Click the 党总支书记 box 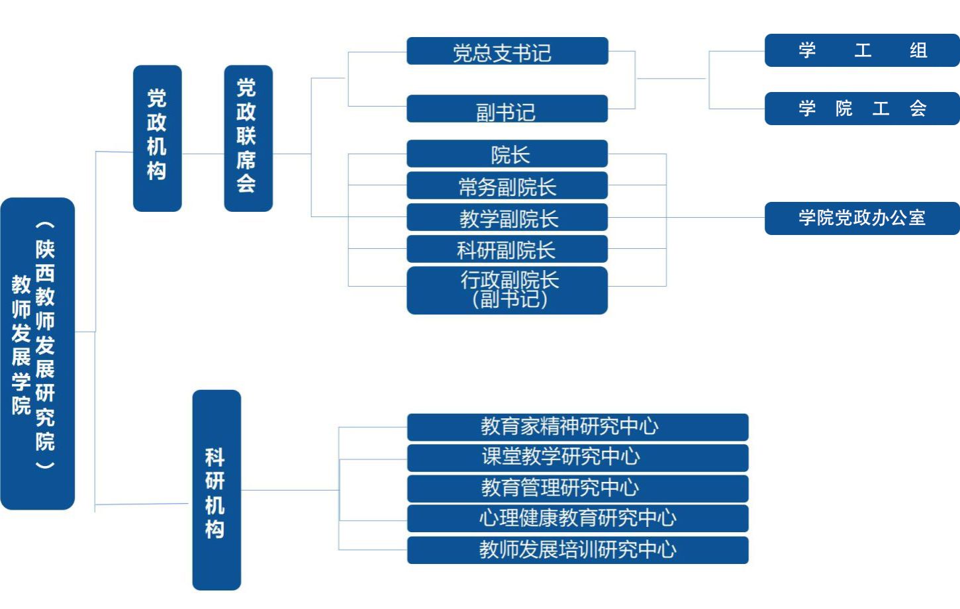click(507, 51)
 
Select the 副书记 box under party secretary click(507, 109)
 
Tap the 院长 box click(507, 154)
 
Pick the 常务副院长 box click(507, 186)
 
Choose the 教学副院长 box click(507, 218)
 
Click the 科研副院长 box click(507, 250)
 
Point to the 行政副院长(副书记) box click(507, 290)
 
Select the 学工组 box click(861, 50)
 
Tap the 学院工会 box click(861, 109)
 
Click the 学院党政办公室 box click(861, 218)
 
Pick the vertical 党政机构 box click(157, 138)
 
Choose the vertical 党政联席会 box click(248, 138)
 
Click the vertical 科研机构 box click(216, 490)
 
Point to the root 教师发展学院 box click(38, 353)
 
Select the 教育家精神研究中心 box click(577, 427)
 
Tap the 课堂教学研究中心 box click(577, 457)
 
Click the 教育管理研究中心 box click(577, 489)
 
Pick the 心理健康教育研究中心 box click(577, 518)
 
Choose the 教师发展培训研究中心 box click(577, 550)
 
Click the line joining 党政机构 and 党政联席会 click(203, 154)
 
